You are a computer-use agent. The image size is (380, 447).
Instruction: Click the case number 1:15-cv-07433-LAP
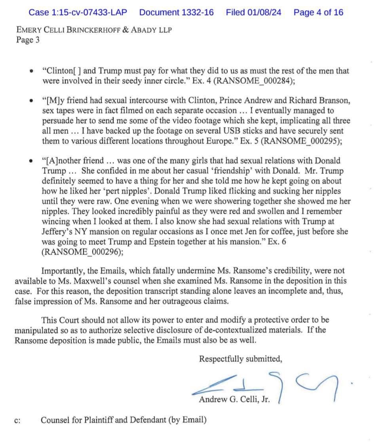78,12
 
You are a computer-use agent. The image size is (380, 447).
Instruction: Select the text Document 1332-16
176,12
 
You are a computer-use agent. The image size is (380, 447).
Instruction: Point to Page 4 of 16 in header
318,12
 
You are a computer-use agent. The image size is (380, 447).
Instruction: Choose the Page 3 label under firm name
28,40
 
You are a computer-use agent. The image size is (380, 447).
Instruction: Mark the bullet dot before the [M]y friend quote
31,101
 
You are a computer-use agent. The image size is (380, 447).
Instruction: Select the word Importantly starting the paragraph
62,271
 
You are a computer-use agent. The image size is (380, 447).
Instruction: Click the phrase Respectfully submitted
240,359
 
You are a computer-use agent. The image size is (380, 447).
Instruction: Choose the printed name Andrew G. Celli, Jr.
234,399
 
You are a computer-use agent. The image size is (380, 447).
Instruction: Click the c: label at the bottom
17,420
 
